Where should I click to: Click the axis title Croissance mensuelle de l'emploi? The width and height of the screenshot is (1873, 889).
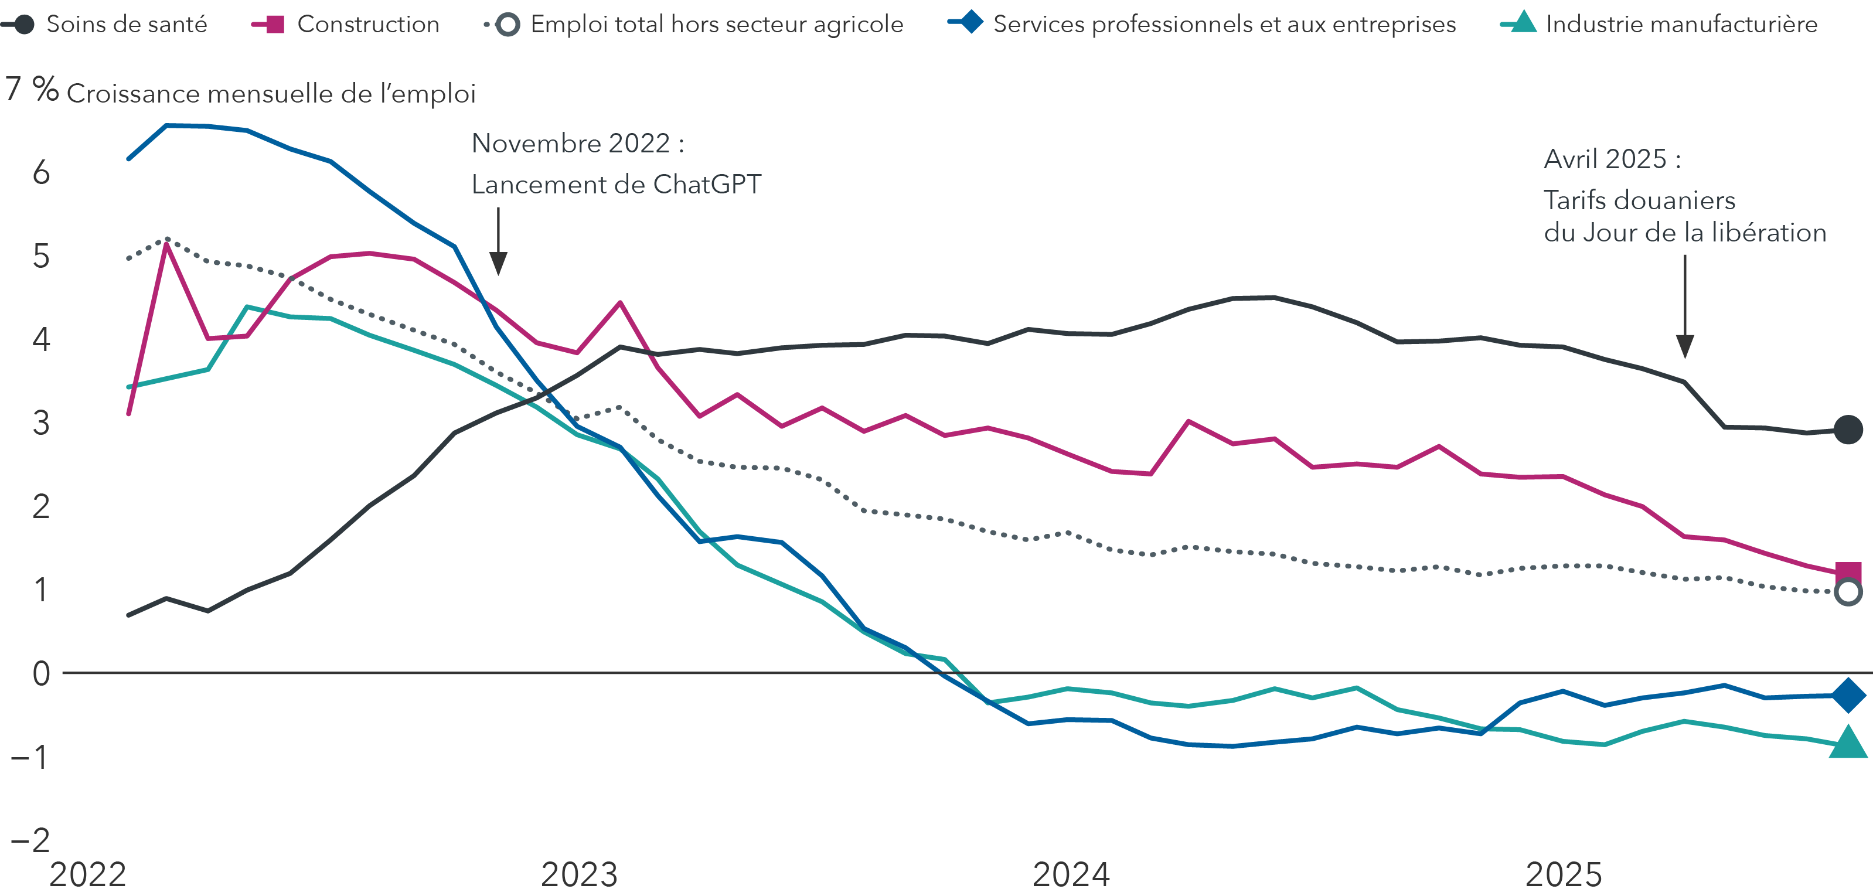[x=271, y=94]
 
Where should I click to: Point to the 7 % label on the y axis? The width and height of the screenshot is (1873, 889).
[x=31, y=90]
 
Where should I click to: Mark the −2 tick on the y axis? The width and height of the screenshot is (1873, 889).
[x=31, y=840]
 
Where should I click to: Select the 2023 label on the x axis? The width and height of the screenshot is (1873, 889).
[x=579, y=874]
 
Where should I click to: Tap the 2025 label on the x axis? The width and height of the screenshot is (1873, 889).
[x=1563, y=874]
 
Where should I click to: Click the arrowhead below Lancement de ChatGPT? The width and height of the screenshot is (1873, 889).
[x=498, y=263]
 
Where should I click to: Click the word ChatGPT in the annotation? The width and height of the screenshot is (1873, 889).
[x=707, y=185]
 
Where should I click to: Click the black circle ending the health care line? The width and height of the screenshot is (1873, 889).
[x=1848, y=430]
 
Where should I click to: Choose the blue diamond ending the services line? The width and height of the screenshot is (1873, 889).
[x=1848, y=695]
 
